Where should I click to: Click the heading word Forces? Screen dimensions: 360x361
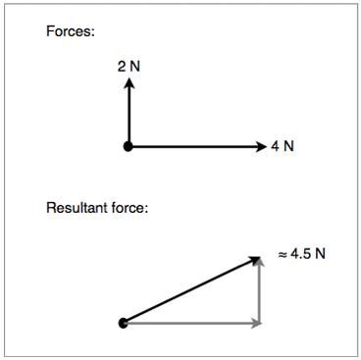coord(71,31)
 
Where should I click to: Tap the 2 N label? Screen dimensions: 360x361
coord(129,67)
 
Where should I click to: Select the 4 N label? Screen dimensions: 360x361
coord(283,147)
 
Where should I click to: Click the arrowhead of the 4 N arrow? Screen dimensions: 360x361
coord(260,147)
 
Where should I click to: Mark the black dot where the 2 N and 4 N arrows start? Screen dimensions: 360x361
coord(128,147)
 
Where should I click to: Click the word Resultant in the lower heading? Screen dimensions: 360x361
coord(79,208)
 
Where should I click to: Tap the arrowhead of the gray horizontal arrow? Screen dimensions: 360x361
coord(256,323)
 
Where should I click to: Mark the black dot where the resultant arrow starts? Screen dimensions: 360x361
coord(123,323)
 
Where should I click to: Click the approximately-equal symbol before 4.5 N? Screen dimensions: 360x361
coord(283,254)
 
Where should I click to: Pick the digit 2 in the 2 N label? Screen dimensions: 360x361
coord(122,67)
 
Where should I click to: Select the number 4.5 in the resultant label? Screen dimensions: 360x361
coord(300,253)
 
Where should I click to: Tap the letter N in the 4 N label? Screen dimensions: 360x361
coord(288,147)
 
